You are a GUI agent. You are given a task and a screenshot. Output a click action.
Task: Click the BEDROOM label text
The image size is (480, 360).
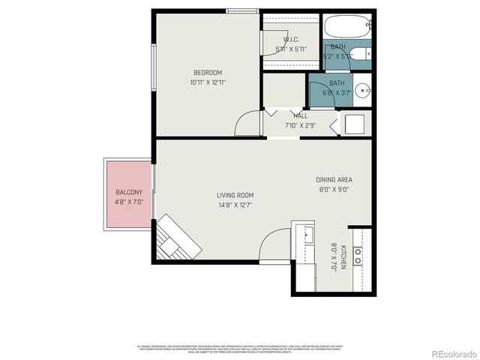[208, 73]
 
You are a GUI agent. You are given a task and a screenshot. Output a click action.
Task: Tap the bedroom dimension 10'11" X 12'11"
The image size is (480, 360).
[208, 82]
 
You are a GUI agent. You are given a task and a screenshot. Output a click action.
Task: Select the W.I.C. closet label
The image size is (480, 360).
[292, 40]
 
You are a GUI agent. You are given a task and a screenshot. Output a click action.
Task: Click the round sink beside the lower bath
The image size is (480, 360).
[362, 91]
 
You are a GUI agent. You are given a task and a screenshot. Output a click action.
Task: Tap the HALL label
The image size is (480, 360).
[300, 116]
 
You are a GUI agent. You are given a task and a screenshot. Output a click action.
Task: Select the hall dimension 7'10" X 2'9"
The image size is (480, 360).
[300, 125]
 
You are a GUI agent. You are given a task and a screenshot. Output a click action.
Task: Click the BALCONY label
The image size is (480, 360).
[129, 192]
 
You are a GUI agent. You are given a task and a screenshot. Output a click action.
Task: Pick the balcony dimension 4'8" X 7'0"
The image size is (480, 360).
[129, 202]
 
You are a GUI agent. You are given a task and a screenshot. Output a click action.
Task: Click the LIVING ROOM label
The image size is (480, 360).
[235, 194]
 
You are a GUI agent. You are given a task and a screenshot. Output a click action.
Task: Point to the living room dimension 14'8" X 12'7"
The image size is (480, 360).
[235, 204]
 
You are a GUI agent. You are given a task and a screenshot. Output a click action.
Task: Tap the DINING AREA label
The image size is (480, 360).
[334, 180]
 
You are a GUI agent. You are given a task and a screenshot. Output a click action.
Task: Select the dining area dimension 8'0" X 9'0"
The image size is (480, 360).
[334, 190]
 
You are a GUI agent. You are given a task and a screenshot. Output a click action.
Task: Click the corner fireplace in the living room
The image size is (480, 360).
[177, 238]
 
